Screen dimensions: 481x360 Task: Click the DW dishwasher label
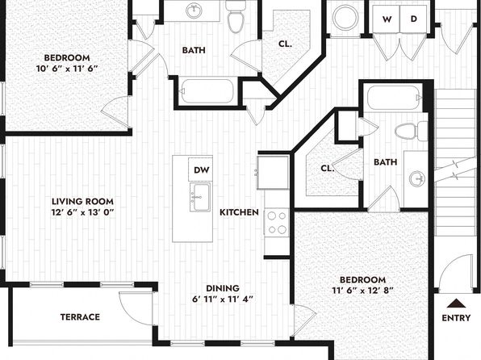(x=202, y=170)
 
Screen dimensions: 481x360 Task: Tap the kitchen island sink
(x=200, y=197)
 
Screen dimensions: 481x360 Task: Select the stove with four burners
(x=277, y=223)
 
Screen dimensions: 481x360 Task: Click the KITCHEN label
(x=239, y=212)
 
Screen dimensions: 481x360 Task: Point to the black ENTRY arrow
(x=457, y=303)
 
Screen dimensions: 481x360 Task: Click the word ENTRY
(x=456, y=318)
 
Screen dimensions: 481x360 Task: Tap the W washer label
(x=387, y=19)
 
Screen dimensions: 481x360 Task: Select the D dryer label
(x=414, y=19)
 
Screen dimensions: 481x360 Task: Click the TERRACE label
(x=80, y=316)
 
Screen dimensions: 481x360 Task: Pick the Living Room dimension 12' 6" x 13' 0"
(x=82, y=212)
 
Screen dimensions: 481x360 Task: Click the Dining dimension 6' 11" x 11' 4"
(x=223, y=299)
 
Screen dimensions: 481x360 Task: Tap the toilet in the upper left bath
(x=236, y=16)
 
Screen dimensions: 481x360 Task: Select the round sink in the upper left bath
(x=194, y=10)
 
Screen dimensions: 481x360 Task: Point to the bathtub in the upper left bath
(x=207, y=91)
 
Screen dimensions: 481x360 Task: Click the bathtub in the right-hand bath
(x=395, y=98)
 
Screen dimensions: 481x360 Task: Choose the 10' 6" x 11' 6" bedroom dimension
(x=67, y=69)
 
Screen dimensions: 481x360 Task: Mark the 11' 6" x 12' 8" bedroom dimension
(x=363, y=291)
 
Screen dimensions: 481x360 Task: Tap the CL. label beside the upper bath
(x=285, y=44)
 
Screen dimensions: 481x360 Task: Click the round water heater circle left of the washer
(x=346, y=18)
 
